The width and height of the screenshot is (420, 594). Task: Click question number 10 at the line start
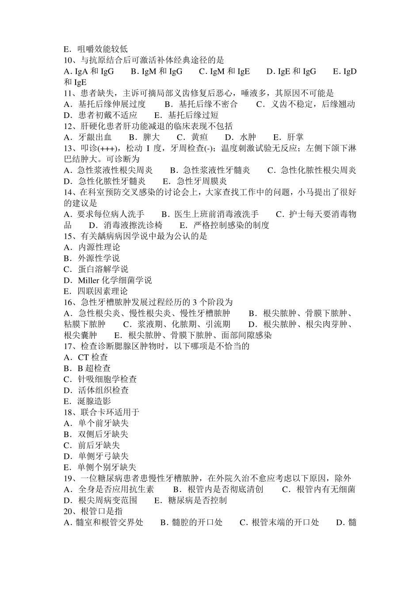pos(69,60)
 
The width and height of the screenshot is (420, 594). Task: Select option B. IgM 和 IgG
pos(157,71)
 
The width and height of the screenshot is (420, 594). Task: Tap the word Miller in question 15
pos(89,280)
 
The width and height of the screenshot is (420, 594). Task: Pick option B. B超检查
pos(87,368)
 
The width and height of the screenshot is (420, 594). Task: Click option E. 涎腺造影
pos(88,401)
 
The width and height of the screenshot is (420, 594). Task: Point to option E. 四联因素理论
pos(96,291)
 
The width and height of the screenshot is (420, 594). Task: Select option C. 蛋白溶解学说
pos(96,269)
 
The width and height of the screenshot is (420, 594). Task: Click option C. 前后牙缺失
pos(92,445)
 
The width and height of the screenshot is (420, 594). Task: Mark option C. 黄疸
pos(192,137)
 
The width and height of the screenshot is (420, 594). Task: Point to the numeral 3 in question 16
pos(195,302)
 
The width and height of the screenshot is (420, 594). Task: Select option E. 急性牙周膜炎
pos(195,181)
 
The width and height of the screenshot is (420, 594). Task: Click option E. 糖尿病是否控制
pos(190,500)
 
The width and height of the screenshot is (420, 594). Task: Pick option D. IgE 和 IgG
pos(291,71)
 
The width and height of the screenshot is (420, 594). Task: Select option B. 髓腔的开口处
pos(191,522)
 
